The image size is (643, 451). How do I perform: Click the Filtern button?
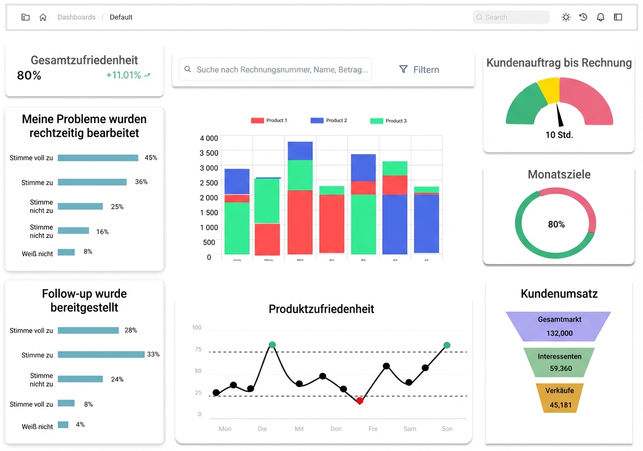(419, 69)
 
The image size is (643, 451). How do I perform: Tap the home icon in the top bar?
(43, 17)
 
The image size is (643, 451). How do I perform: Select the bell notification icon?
(601, 17)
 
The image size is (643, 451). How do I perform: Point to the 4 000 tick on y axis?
(209, 138)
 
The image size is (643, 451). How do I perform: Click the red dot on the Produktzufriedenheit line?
(360, 400)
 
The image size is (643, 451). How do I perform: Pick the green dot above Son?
(447, 345)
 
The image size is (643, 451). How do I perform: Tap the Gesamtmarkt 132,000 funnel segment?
(559, 326)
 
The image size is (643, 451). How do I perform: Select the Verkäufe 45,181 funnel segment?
(559, 398)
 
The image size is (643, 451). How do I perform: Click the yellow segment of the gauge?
(549, 90)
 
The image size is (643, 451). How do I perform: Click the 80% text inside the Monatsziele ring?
(556, 224)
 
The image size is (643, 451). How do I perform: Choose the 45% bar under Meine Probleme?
(98, 158)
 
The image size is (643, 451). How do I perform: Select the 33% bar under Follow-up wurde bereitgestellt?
(101, 354)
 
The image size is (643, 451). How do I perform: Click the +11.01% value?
(124, 75)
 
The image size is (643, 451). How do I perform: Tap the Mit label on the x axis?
(299, 429)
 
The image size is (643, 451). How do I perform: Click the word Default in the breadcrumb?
(121, 17)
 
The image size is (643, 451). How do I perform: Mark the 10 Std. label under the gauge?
(559, 135)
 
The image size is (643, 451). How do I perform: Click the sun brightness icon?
(566, 17)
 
